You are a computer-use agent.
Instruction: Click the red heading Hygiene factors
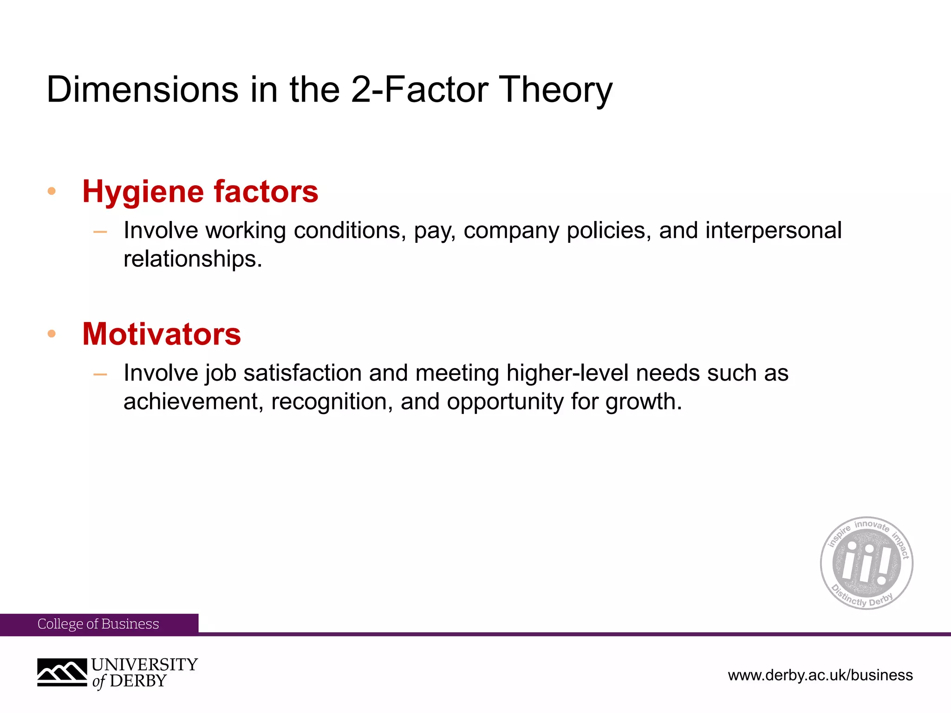200,191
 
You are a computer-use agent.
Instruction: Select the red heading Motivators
162,334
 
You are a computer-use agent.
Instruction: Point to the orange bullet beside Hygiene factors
52,191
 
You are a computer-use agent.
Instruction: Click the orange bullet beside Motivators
52,333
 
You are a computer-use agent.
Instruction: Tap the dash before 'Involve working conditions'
100,231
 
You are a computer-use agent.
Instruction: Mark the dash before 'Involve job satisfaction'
100,374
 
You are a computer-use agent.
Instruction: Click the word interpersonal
773,231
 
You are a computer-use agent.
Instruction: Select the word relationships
193,259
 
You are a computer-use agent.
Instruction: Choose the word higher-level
567,373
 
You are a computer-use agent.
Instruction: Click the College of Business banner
98,624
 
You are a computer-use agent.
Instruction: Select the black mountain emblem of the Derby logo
62,672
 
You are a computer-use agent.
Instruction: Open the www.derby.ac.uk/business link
820,675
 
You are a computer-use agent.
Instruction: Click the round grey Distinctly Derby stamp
866,563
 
